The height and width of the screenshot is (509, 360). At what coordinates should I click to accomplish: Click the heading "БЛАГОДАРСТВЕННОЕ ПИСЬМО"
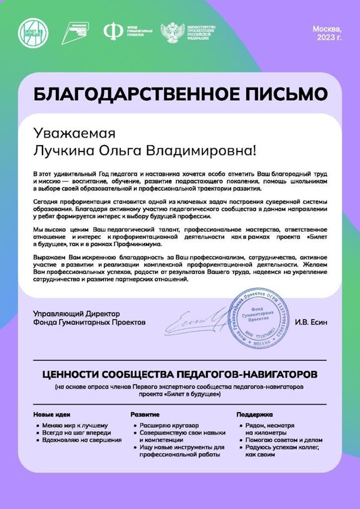(x=180, y=94)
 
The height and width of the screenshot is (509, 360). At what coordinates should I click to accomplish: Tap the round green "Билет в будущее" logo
(x=32, y=31)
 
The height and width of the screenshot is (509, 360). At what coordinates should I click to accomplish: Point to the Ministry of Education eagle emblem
(x=172, y=32)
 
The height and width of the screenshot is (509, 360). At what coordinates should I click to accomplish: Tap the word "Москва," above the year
(x=327, y=29)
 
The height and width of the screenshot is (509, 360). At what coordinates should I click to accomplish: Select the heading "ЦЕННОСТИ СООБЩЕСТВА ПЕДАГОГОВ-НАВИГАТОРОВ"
(x=179, y=375)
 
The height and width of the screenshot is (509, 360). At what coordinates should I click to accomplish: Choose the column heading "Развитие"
(x=145, y=414)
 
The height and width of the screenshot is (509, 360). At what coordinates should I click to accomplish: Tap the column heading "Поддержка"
(x=254, y=414)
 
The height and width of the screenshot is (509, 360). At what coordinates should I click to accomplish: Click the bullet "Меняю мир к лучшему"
(x=75, y=425)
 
